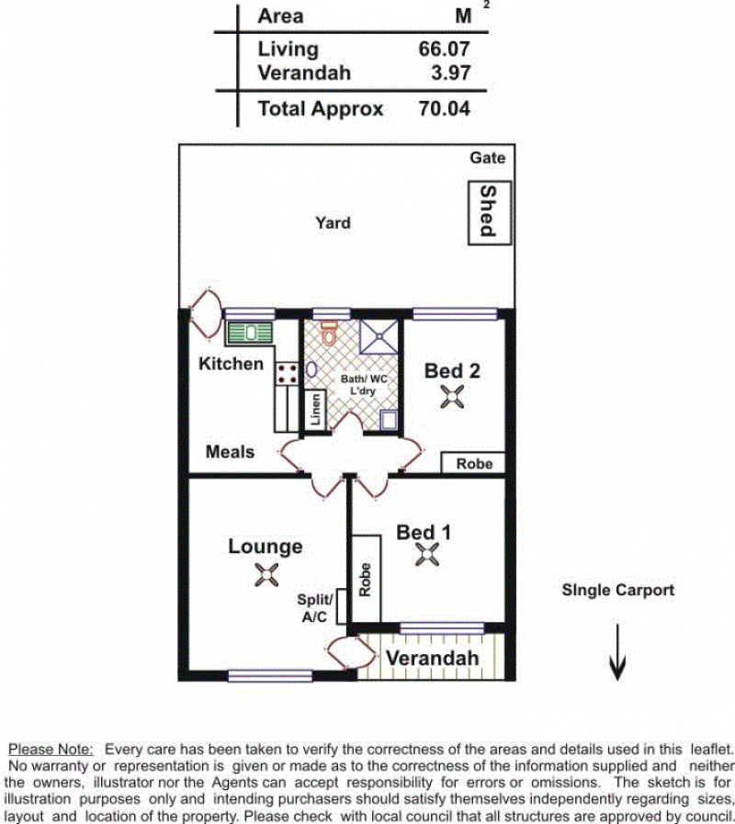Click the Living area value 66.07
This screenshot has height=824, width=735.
click(x=444, y=49)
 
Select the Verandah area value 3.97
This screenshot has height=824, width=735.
click(x=450, y=73)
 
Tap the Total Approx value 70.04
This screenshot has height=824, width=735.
click(x=444, y=108)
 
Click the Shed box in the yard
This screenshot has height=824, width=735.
click(x=489, y=213)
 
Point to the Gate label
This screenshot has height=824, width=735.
click(x=487, y=158)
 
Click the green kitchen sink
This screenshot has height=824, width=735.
click(x=250, y=333)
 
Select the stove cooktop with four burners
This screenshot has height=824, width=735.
click(x=287, y=373)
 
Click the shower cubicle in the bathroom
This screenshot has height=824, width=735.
click(x=379, y=336)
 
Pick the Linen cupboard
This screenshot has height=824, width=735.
click(x=315, y=410)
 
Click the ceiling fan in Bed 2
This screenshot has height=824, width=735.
click(x=452, y=396)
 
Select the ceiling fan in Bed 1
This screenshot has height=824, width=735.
click(x=427, y=555)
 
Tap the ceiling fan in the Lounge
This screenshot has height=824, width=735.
click(x=266, y=574)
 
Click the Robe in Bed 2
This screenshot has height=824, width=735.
click(x=472, y=463)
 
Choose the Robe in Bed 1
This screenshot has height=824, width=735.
click(x=366, y=579)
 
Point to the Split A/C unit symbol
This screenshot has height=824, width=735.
click(x=341, y=606)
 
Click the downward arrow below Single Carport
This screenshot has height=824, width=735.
click(x=617, y=652)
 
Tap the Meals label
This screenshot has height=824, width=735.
click(x=230, y=451)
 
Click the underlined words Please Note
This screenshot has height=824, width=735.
click(x=51, y=750)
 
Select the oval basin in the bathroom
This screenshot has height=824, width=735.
click(x=311, y=369)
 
